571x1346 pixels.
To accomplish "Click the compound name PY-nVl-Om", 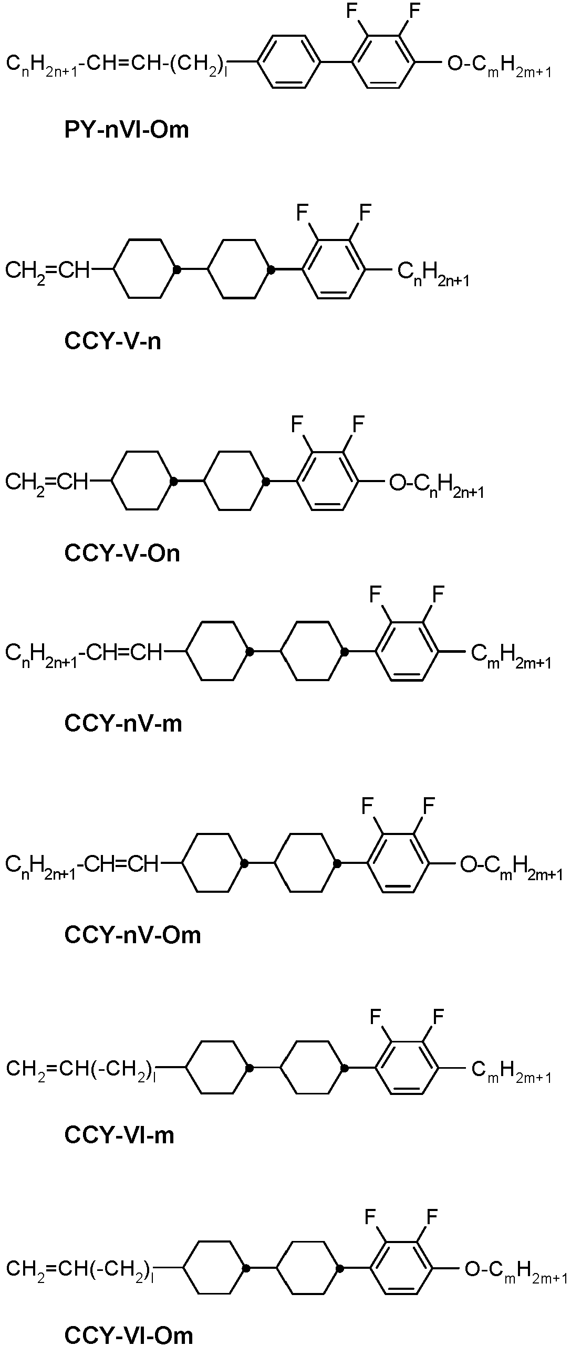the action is coord(126,129).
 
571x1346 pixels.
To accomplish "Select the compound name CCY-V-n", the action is coord(112,341).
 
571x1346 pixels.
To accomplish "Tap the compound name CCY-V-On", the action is coord(122,553).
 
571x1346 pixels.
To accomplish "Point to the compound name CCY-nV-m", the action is coord(123,723).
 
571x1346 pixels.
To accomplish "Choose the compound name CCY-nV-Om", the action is coord(132,935).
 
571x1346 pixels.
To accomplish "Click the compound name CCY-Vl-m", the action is coord(119,1135).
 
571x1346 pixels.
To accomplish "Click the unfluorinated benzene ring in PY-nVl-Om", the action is coord(288,61).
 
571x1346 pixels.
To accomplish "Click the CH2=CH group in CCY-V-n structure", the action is coord(47,270).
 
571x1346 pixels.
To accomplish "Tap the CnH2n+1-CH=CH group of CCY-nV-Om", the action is coord(81,864).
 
